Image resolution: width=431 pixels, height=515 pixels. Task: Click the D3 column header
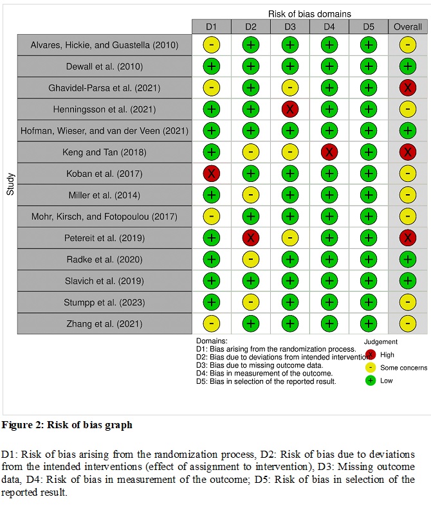pyautogui.click(x=290, y=26)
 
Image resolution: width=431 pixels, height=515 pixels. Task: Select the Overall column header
pyautogui.click(x=408, y=26)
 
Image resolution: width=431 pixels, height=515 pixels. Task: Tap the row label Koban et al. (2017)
pyautogui.click(x=104, y=174)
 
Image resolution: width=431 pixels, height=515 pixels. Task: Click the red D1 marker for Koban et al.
pyautogui.click(x=212, y=174)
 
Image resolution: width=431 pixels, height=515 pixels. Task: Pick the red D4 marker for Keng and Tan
pyautogui.click(x=329, y=152)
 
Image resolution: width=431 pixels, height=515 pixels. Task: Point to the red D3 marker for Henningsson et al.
pyautogui.click(x=290, y=109)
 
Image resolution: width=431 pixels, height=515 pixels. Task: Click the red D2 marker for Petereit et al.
pyautogui.click(x=251, y=238)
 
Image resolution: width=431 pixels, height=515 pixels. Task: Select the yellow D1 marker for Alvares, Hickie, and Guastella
pyautogui.click(x=212, y=45)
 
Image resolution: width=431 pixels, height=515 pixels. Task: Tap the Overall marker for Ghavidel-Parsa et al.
pyautogui.click(x=408, y=87)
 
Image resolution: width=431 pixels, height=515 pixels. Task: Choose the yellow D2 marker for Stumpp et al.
pyautogui.click(x=251, y=302)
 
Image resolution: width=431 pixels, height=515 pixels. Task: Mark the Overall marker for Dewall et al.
pyautogui.click(x=408, y=66)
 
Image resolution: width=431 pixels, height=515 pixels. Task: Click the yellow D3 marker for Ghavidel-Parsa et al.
pyautogui.click(x=290, y=87)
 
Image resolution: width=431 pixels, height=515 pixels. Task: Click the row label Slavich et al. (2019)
pyautogui.click(x=104, y=281)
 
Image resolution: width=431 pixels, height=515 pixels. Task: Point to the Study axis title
pyautogui.click(x=10, y=185)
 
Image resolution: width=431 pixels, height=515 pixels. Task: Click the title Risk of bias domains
pyautogui.click(x=309, y=14)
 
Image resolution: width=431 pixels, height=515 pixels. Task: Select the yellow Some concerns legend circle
pyautogui.click(x=371, y=368)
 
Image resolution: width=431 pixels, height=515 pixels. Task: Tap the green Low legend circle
pyautogui.click(x=371, y=381)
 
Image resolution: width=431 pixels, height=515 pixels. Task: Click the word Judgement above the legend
pyautogui.click(x=380, y=342)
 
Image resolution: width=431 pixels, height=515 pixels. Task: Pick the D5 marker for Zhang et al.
pyautogui.click(x=369, y=323)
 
